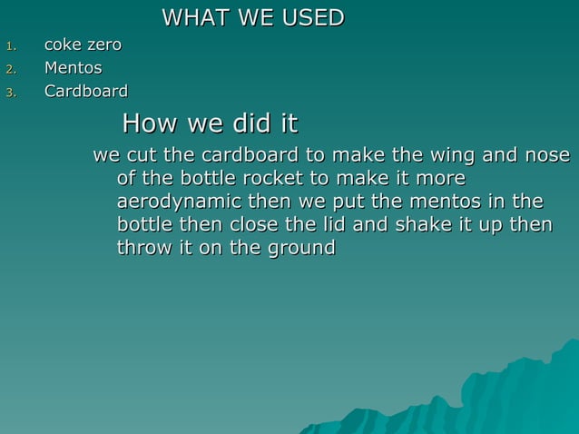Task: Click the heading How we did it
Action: [x=210, y=123]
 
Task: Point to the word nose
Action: [x=548, y=155]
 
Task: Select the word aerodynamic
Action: [x=172, y=202]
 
